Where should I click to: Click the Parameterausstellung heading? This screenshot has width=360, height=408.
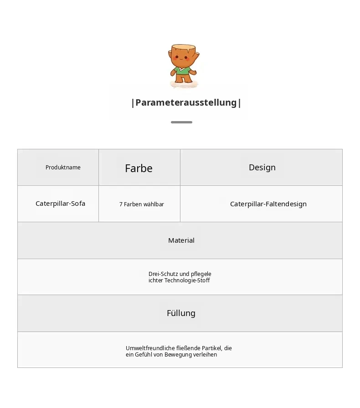tap(186, 102)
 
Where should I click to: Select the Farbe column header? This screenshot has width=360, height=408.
tap(139, 168)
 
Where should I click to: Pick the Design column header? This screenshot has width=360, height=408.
tap(262, 167)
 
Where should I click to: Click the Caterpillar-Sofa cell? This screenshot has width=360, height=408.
tap(61, 204)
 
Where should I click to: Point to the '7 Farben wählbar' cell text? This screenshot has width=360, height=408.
tap(142, 204)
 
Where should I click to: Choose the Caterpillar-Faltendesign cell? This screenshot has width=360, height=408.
tap(268, 204)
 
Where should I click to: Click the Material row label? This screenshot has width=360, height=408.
tap(181, 240)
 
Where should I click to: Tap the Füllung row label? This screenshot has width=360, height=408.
tap(181, 313)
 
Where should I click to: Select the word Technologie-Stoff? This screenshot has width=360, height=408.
tap(187, 280)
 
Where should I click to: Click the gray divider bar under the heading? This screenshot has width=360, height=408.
tap(181, 122)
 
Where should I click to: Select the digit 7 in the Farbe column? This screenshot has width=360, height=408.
tap(121, 204)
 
